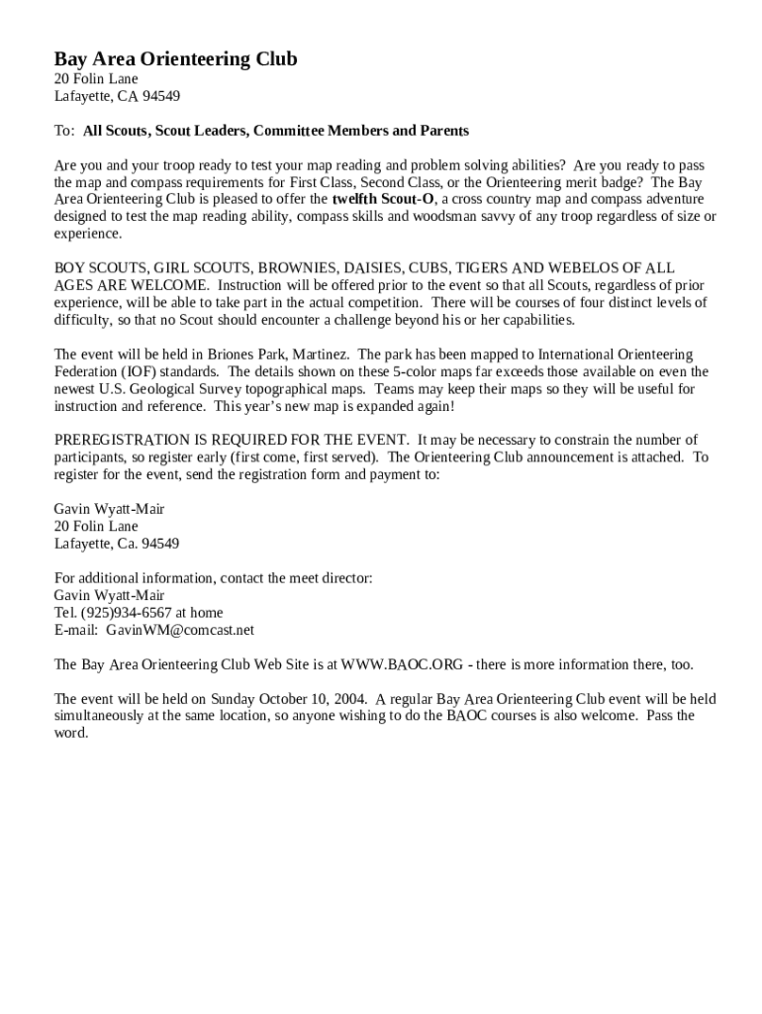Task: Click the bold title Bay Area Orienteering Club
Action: (x=175, y=59)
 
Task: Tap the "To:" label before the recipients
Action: (x=64, y=131)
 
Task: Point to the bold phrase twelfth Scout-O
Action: (x=383, y=199)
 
